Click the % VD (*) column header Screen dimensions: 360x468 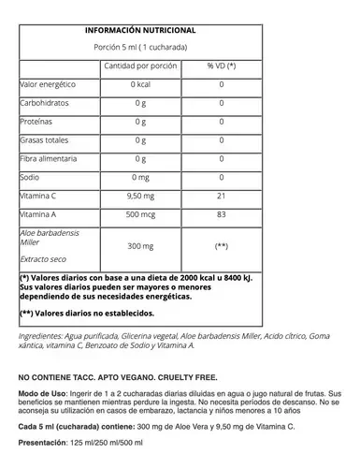click(222, 66)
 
